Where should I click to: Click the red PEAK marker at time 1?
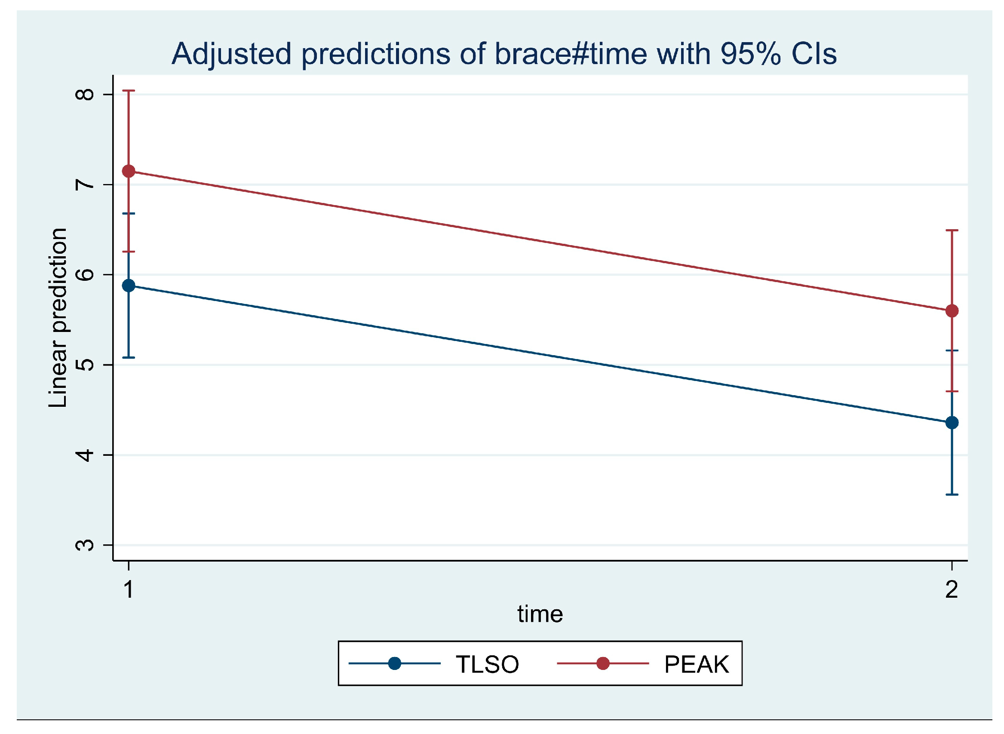click(129, 171)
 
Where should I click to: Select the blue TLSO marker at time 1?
click(129, 286)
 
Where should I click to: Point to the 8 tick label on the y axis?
click(85, 94)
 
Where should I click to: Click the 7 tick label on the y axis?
click(85, 184)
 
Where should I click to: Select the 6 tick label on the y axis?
click(85, 275)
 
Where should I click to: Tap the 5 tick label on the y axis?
click(85, 365)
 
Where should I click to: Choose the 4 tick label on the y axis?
click(85, 455)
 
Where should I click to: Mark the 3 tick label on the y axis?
click(85, 545)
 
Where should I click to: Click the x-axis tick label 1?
click(129, 590)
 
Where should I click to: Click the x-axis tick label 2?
click(952, 590)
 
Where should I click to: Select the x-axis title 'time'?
click(540, 614)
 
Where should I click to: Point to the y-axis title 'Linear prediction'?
click(58, 318)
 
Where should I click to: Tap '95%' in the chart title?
click(750, 54)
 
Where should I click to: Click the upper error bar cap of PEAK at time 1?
click(129, 91)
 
